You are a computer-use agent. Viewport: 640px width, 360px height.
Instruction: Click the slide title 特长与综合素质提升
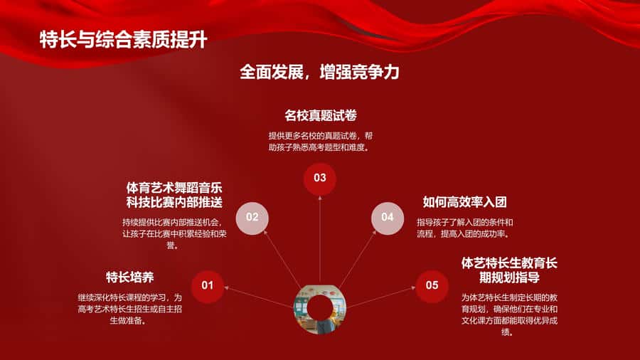point(123,40)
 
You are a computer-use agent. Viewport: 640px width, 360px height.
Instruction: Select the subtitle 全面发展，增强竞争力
point(319,72)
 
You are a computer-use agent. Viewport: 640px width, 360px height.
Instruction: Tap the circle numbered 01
point(208,285)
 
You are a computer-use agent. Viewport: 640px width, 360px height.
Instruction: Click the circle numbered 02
point(252,218)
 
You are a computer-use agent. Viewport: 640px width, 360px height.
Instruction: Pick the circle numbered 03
point(319,179)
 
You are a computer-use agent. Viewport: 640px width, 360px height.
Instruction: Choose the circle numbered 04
point(388,218)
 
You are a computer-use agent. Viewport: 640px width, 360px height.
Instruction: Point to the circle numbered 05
point(432,286)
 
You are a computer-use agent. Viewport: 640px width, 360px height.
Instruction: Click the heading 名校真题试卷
point(321,115)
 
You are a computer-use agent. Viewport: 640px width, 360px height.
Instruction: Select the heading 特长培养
point(130,277)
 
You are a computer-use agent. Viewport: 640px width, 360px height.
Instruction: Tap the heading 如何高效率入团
point(464,201)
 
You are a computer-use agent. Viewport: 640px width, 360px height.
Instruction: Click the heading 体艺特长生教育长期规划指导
point(509,270)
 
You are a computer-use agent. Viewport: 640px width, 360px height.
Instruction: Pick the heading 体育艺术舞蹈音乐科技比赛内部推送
point(174,195)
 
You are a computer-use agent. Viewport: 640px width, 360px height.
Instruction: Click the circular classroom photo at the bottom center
point(319,309)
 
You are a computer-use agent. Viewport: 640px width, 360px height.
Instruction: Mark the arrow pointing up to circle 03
point(319,240)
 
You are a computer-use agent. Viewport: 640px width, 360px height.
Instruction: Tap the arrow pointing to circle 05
point(381,297)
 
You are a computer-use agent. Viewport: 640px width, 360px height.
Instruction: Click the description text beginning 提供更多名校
point(321,141)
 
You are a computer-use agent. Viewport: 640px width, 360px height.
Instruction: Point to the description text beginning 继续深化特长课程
point(130,309)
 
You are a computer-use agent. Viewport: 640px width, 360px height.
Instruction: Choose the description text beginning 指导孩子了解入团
point(464,228)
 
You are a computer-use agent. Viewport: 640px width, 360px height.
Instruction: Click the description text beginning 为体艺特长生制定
point(509,314)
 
